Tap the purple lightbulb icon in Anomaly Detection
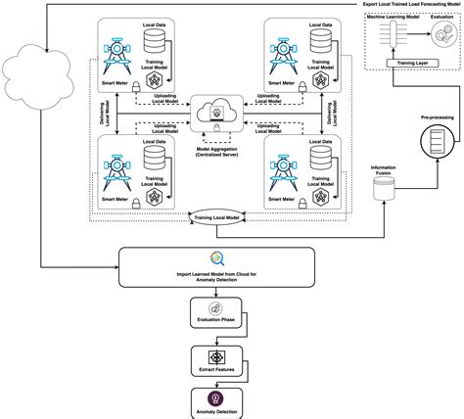tap(216, 396)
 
